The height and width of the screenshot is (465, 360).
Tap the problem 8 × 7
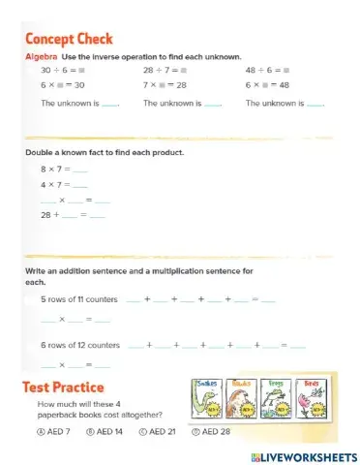52,170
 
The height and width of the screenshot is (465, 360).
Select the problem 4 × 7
52,184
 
